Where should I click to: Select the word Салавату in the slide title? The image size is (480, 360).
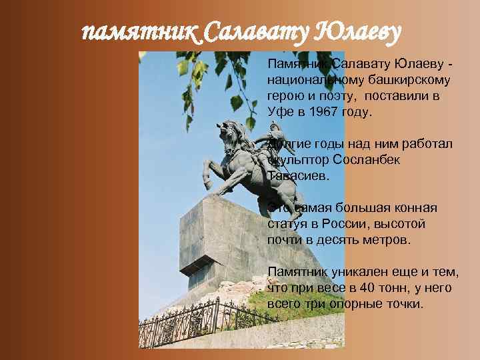tap(252, 31)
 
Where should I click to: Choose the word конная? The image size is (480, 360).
tap(419, 208)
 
